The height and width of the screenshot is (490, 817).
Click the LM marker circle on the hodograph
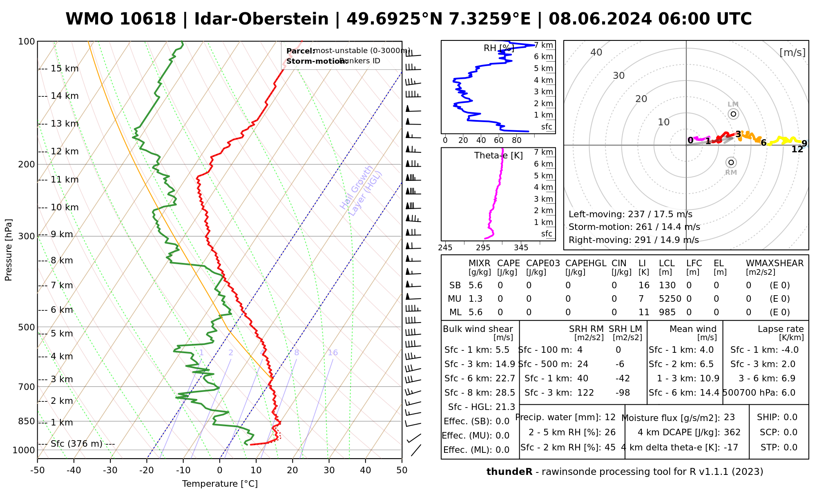point(733,114)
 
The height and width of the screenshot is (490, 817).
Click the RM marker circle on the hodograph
point(731,163)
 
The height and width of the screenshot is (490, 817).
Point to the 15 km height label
point(65,69)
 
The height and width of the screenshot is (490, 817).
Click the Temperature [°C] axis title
point(220,484)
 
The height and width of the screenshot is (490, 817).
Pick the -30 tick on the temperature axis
point(110,470)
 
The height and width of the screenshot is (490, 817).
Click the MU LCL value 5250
point(670,299)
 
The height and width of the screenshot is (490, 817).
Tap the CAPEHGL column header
point(586,263)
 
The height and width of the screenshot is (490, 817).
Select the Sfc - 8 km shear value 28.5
point(505,393)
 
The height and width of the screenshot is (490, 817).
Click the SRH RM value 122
point(585,393)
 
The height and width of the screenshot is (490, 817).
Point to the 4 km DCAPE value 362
point(732,432)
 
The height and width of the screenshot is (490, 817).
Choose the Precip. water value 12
point(610,417)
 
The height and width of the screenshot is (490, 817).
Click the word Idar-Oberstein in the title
point(261,19)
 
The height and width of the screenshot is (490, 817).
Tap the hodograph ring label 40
point(596,52)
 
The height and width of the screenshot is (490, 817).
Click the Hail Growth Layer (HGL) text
point(361,191)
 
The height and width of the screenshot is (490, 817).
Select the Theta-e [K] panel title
point(498,156)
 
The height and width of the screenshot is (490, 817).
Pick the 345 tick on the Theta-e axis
point(521,248)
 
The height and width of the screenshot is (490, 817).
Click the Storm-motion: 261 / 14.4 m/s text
point(634,227)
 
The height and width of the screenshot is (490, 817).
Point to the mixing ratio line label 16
point(333,353)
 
